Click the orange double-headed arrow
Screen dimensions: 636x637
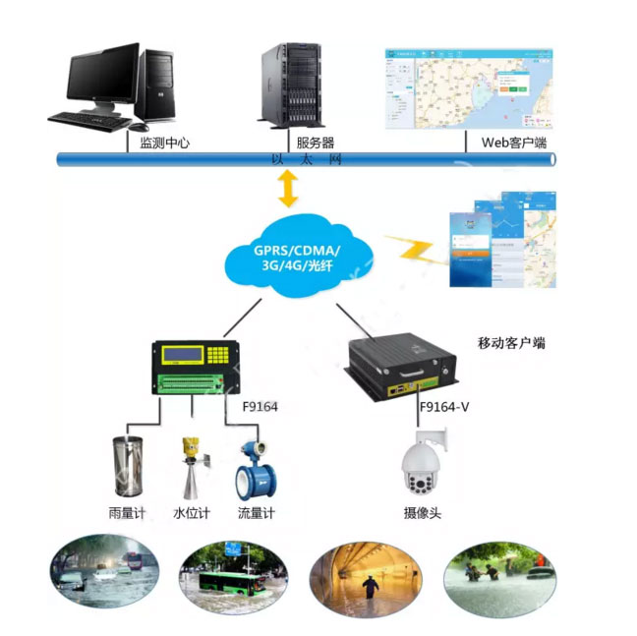(x=287, y=188)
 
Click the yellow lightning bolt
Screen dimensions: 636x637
(x=415, y=250)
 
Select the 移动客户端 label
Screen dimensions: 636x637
(x=511, y=344)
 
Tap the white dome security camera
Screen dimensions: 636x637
(x=424, y=466)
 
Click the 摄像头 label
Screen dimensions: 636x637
(x=423, y=512)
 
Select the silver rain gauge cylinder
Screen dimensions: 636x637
(x=126, y=468)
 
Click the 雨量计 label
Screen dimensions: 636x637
(x=126, y=512)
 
